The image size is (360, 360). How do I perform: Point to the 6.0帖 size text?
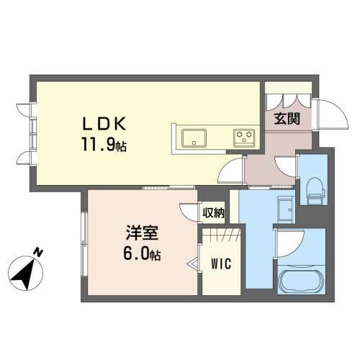(x=140, y=255)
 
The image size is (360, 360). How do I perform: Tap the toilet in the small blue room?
(x=313, y=189)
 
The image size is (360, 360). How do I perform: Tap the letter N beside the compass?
(x=39, y=253)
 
